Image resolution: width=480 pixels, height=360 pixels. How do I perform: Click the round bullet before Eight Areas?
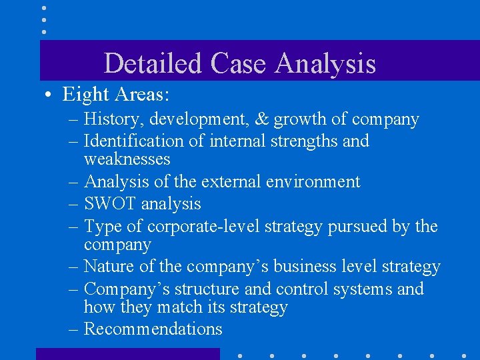(x=50, y=95)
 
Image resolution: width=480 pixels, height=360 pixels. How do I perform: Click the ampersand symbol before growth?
(x=262, y=119)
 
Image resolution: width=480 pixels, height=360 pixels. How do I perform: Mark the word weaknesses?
(x=127, y=159)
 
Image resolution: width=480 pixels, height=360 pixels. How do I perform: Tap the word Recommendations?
(x=153, y=329)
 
